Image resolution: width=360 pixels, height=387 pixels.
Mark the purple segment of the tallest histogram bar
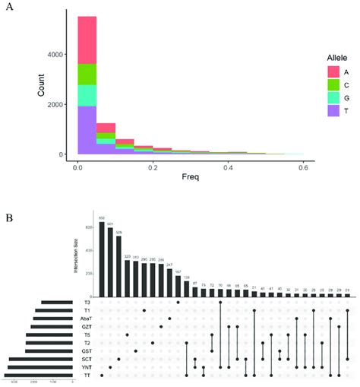(87, 129)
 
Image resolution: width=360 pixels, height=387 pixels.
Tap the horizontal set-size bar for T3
(55, 303)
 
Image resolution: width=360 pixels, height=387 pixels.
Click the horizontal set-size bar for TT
(38, 375)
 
